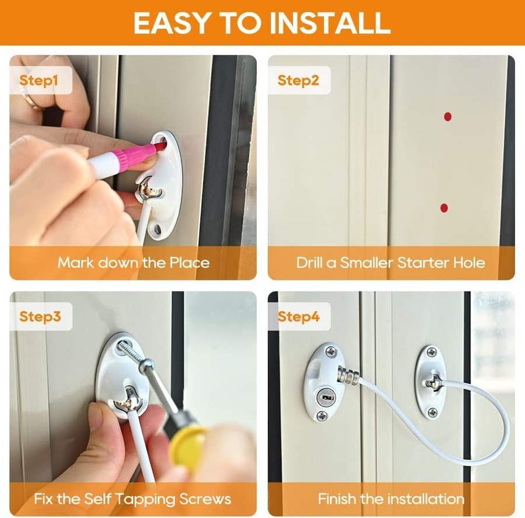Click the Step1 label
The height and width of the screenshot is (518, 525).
point(38,80)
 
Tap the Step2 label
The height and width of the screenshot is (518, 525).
point(298,80)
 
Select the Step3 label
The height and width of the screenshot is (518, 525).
point(40,317)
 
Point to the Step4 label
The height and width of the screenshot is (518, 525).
point(298,317)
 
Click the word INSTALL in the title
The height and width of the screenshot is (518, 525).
point(330,23)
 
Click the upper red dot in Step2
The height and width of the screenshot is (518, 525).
point(447,117)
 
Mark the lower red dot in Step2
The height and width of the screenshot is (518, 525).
point(444,208)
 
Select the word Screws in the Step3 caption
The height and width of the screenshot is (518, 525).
point(205,499)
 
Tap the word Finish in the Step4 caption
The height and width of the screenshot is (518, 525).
point(337,499)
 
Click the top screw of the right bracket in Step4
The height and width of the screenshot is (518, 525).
point(432,352)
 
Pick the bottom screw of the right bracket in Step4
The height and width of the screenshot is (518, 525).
point(433,411)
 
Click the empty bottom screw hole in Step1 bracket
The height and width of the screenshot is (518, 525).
point(157,229)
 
